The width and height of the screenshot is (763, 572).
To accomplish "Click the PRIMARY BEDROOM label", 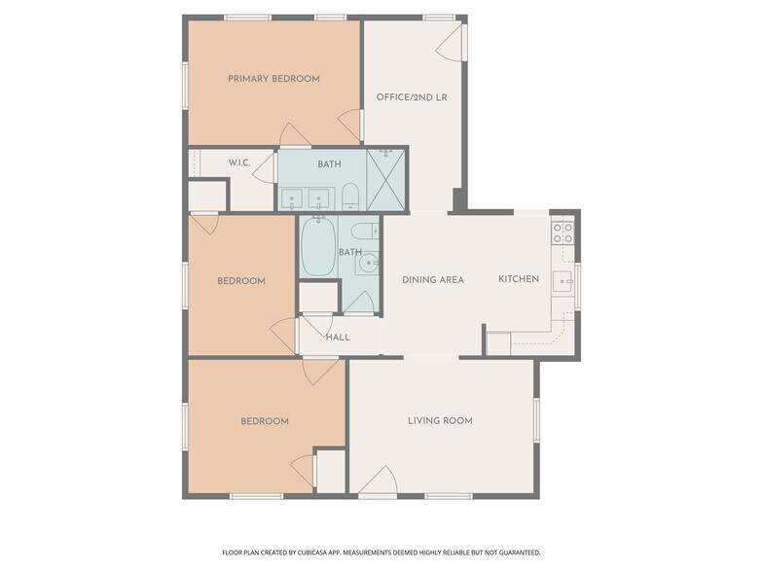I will pos(273,79).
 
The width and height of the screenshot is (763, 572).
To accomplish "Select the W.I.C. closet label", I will pos(239,162).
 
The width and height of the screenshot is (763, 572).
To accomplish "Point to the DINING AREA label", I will pos(433,280).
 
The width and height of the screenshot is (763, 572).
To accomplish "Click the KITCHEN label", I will pos(519,279).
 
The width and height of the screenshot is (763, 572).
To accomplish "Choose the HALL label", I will pos(338,338).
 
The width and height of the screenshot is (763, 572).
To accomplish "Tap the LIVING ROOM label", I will pos(440,421).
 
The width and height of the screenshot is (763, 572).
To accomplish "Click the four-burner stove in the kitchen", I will pos(563,232).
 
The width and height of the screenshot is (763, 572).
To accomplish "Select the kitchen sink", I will pos(563,282).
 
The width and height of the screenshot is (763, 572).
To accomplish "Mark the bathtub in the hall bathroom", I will pos(317,247).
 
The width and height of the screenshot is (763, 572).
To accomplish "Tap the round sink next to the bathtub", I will pos(368,264).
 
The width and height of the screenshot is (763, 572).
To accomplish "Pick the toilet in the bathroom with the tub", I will pos(362,231).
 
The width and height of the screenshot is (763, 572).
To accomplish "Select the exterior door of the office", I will pos(454,40).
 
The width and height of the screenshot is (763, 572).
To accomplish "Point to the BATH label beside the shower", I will pos(329,163).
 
